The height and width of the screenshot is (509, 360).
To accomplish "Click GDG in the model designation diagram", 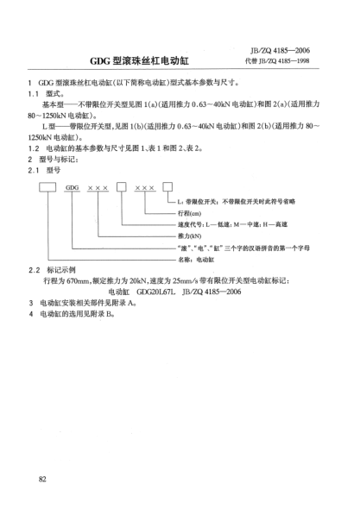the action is click(73, 186).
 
